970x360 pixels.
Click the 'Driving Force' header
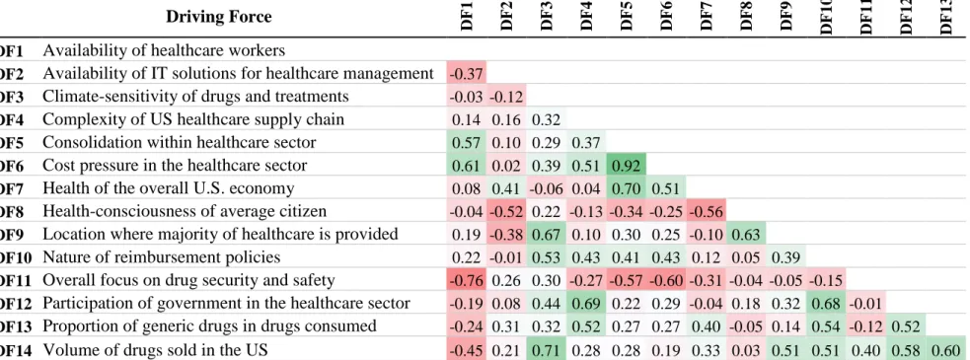tap(218, 16)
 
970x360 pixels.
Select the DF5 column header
tap(626, 17)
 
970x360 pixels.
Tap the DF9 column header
tap(786, 17)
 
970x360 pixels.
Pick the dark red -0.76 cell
tap(467, 280)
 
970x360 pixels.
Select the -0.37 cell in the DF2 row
tap(467, 74)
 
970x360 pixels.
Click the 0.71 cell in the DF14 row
tap(547, 349)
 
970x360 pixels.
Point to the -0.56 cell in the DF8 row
tap(706, 211)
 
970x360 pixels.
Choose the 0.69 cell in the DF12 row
tap(586, 303)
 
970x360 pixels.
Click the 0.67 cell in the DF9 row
tap(547, 234)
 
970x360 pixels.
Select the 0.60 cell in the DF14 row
tap(945, 349)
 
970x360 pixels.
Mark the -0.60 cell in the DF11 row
tap(666, 280)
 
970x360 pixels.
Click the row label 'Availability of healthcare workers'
tap(164, 50)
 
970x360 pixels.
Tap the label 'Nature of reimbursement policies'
tap(162, 256)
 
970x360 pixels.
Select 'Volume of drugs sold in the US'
tap(155, 349)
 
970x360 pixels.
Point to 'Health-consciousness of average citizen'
tap(185, 211)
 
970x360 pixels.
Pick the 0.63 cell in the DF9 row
tap(745, 234)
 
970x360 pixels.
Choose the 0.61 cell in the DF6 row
tap(467, 165)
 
